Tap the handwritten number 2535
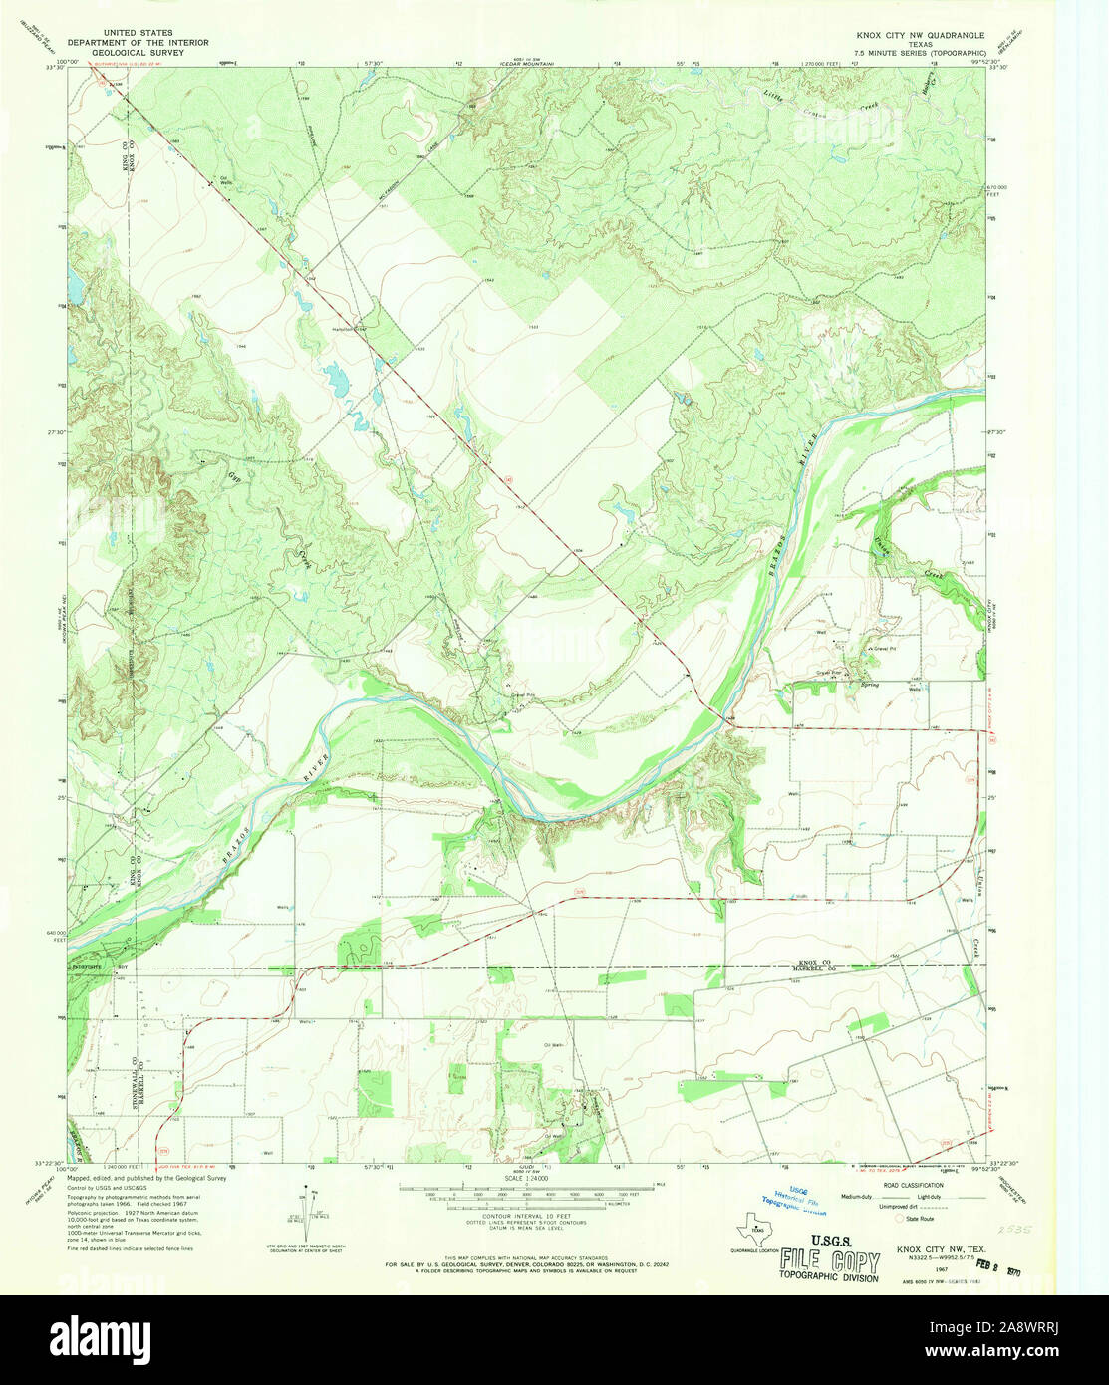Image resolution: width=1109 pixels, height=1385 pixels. tap(1016, 1231)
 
